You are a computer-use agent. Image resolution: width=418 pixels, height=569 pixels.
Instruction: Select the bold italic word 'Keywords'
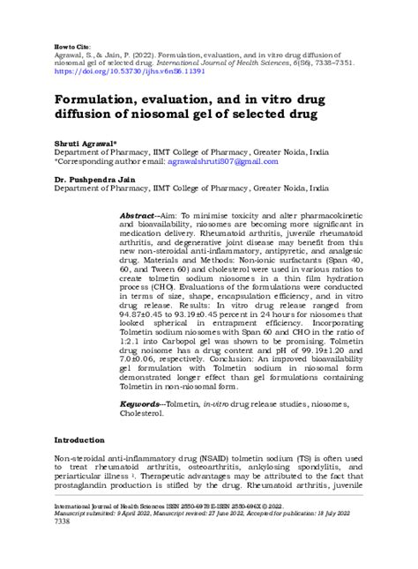[x=140, y=405]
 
